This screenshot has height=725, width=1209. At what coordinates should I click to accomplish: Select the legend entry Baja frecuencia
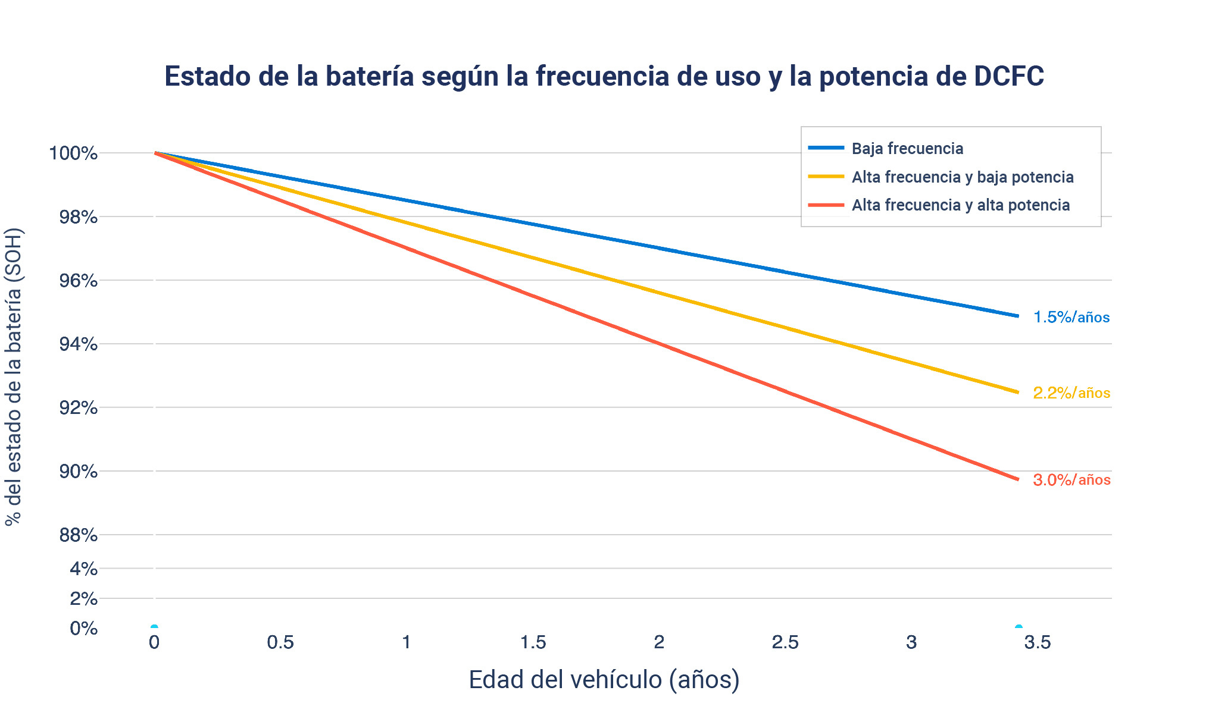click(907, 148)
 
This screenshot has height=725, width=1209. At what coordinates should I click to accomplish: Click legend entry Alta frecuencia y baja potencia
click(962, 177)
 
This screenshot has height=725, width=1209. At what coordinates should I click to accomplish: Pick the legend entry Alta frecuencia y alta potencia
click(960, 205)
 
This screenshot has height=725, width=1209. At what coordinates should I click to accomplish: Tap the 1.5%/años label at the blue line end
click(1071, 317)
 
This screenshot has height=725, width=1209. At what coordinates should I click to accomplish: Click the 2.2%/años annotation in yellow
click(1071, 393)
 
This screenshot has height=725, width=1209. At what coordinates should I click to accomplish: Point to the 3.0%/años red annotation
click(1071, 479)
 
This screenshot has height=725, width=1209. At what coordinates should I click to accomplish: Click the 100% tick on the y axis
click(73, 153)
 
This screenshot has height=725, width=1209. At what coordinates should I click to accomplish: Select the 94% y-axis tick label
click(78, 344)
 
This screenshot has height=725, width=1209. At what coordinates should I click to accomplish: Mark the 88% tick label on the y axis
click(78, 535)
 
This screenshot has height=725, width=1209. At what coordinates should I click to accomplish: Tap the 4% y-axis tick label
click(83, 569)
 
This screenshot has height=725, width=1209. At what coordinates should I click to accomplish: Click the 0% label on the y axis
click(83, 628)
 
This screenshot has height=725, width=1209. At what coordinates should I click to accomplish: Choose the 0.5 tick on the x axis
click(280, 642)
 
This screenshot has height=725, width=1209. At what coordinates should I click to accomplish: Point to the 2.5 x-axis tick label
click(785, 642)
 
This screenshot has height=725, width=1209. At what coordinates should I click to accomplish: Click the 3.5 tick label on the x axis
click(1038, 642)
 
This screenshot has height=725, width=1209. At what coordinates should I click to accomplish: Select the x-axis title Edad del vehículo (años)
click(604, 680)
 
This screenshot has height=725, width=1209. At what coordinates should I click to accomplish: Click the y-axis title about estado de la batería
click(13, 376)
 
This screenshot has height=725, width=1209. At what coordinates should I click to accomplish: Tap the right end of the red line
click(1017, 478)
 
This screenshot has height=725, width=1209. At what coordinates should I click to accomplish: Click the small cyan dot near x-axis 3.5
click(1019, 627)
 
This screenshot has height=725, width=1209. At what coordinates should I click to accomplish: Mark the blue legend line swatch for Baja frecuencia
click(826, 147)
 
